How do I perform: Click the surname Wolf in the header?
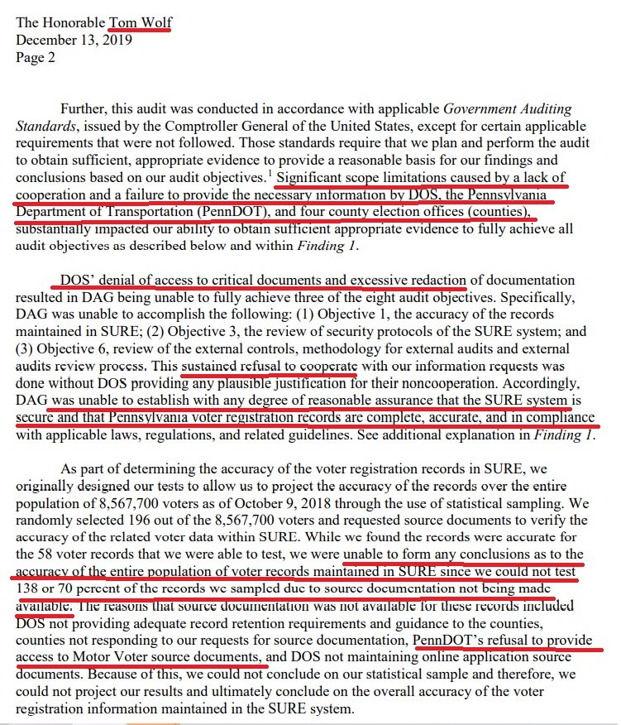pyautogui.click(x=154, y=22)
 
